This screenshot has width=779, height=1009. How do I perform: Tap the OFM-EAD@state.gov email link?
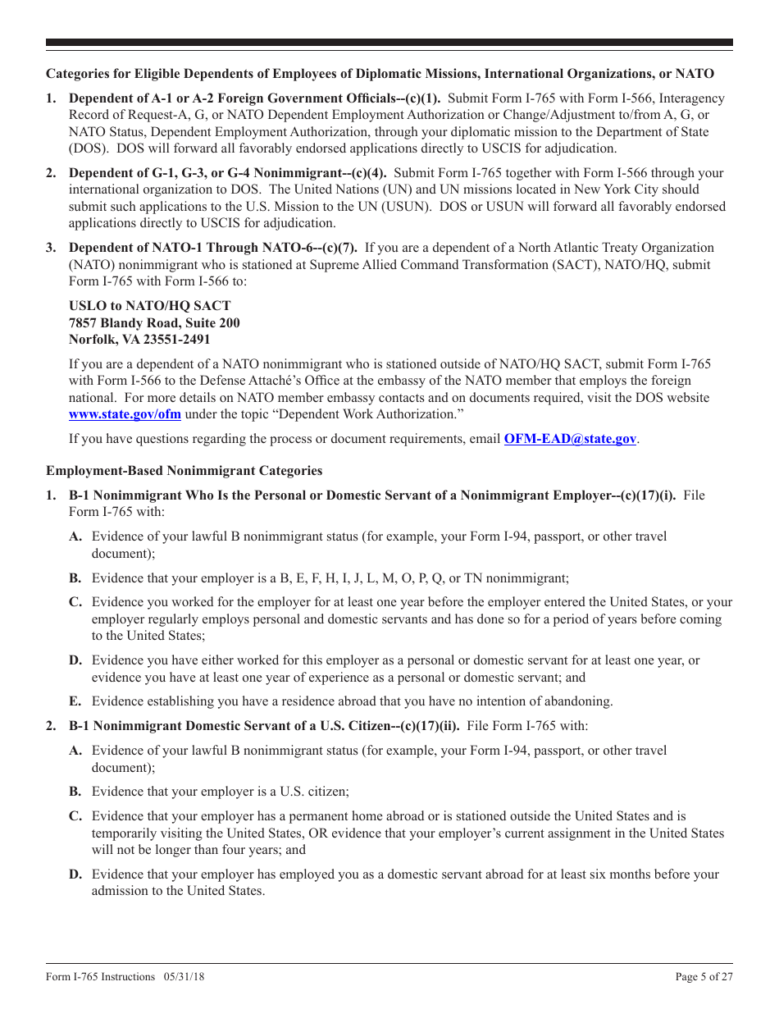tap(570, 439)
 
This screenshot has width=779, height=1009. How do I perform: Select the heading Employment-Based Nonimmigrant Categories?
tap(184, 471)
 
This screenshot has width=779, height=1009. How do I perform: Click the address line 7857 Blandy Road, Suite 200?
tap(154, 322)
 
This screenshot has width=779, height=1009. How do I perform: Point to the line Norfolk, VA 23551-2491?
tap(139, 339)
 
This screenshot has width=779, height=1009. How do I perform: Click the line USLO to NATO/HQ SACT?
tap(149, 306)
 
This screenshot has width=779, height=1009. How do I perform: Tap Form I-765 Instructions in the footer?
tap(100, 976)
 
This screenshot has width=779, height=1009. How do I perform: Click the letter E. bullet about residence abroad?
tap(75, 701)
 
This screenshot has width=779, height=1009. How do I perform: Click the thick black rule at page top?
tap(389, 43)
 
